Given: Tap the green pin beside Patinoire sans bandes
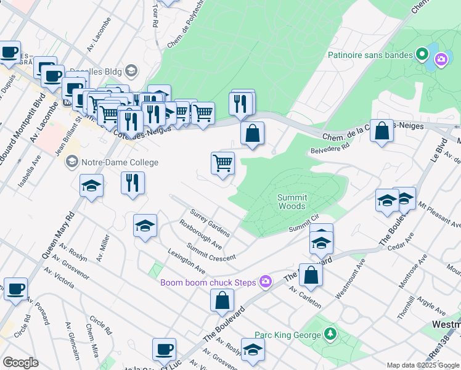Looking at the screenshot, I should coord(422,55).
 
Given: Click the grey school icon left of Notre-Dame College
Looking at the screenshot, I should coord(71,163).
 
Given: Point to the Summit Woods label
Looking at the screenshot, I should coord(292,202).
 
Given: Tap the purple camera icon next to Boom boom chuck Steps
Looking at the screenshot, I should coord(266,282).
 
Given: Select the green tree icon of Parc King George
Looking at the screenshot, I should coord(332,334).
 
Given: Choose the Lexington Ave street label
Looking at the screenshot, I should coord(187,261).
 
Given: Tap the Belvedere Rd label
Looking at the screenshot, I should coord(330,149).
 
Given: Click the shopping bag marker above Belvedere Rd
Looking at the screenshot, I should coord(382,132).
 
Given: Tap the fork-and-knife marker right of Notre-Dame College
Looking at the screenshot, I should coord(133,183).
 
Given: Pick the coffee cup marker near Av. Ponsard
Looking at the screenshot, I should coord(15,288).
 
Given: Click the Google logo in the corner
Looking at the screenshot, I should coord(20,363).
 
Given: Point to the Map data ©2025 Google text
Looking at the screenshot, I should coord(423,365).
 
